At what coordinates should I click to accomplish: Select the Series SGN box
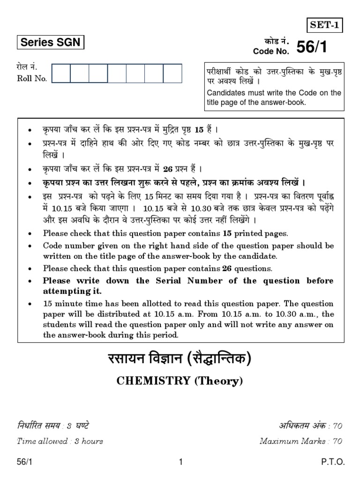click(x=50, y=43)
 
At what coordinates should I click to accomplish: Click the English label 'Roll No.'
click(x=32, y=79)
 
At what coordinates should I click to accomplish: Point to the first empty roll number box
click(x=61, y=74)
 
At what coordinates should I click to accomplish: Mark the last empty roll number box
click(x=172, y=74)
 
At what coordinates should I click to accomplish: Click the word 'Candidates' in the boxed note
click(x=226, y=93)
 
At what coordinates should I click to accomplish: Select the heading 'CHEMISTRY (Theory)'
click(x=180, y=382)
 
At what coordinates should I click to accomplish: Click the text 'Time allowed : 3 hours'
click(x=60, y=441)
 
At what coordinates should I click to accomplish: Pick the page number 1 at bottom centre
click(x=180, y=462)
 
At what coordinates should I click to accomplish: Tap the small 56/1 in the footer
click(x=24, y=462)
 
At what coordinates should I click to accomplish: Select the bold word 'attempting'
click(x=65, y=291)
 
